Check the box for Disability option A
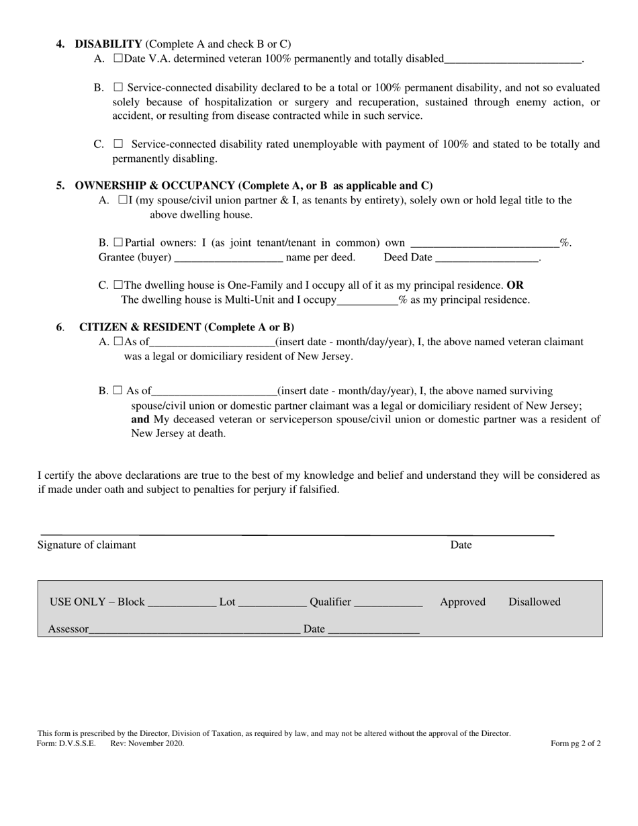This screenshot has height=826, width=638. pyautogui.click(x=118, y=58)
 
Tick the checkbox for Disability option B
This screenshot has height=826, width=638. pyautogui.click(x=118, y=87)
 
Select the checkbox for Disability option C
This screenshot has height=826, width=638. pyautogui.click(x=118, y=144)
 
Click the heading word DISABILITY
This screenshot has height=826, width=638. pyautogui.click(x=108, y=44)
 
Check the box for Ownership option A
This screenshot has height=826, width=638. pyautogui.click(x=123, y=200)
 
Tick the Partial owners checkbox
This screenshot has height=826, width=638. pyautogui.click(x=118, y=242)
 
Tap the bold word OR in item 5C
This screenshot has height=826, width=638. pyautogui.click(x=515, y=285)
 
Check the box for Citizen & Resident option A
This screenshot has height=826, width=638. pyautogui.click(x=119, y=342)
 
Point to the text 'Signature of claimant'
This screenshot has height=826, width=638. pyautogui.click(x=87, y=545)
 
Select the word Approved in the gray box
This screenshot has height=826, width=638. pyautogui.click(x=463, y=602)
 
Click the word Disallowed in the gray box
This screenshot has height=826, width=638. pyautogui.click(x=534, y=602)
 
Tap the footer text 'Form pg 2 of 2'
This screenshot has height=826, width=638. pyautogui.click(x=576, y=743)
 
